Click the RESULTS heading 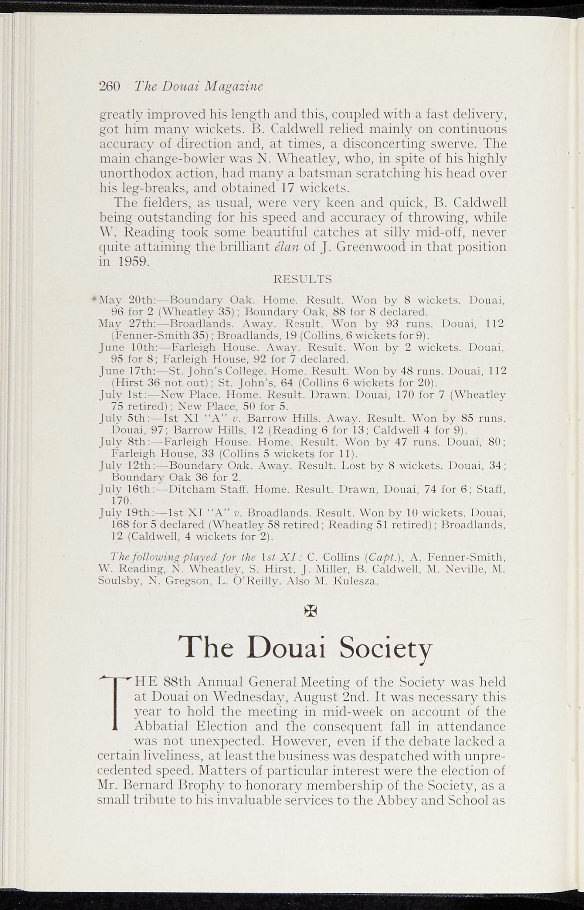(302, 279)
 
